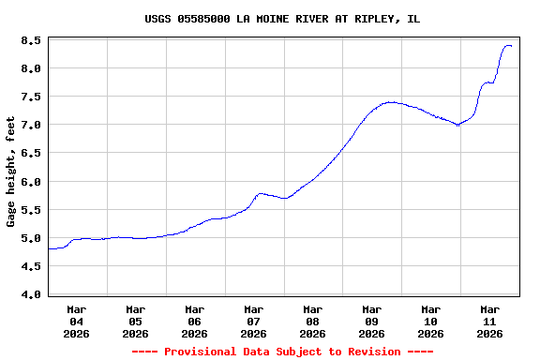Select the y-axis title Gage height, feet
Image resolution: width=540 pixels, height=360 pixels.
click(x=11, y=172)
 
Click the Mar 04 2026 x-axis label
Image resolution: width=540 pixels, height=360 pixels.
click(x=77, y=321)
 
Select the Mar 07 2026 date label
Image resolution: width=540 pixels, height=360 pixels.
click(x=253, y=321)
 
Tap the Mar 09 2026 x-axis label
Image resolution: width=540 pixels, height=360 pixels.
click(x=371, y=321)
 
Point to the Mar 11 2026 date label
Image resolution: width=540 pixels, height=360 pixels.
click(x=489, y=321)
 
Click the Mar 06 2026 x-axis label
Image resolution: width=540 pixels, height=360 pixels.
click(x=194, y=321)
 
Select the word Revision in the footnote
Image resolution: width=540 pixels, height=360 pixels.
click(x=374, y=352)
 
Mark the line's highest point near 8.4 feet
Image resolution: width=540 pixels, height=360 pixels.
click(x=507, y=45)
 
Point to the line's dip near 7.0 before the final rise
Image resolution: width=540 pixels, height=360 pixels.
click(x=457, y=125)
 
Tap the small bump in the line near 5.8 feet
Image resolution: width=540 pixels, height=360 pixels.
click(x=261, y=193)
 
